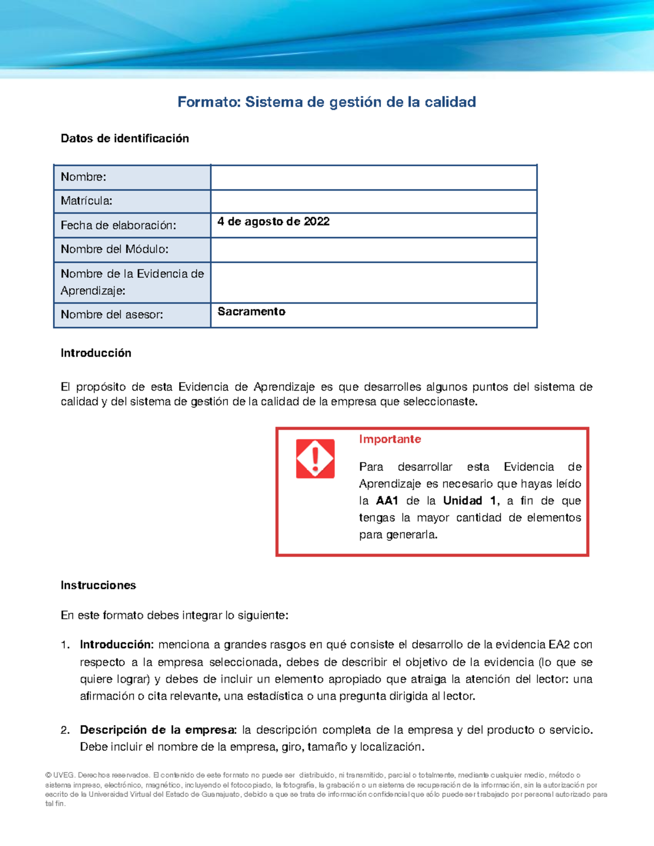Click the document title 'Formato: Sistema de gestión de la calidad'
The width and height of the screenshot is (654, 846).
(x=326, y=102)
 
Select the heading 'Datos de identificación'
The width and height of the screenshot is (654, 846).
(x=125, y=138)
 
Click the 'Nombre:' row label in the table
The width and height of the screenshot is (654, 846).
(x=83, y=177)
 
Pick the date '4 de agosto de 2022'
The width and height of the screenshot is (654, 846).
(x=273, y=221)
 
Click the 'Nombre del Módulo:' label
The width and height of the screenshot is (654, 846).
(x=114, y=249)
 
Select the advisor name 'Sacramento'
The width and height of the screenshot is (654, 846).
(x=251, y=312)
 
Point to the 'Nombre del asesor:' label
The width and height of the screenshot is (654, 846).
(x=112, y=315)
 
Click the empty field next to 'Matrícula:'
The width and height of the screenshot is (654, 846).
(x=373, y=202)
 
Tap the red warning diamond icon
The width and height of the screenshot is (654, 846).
(x=315, y=459)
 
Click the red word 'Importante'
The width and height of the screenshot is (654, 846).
(x=390, y=439)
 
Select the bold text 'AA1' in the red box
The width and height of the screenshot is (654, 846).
(x=387, y=501)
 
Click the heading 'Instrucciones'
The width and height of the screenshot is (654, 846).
(x=98, y=586)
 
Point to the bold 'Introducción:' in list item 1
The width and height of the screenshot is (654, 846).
(x=117, y=645)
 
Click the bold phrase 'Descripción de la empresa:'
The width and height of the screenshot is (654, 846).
(x=158, y=730)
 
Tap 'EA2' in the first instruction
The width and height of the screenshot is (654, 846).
(x=559, y=645)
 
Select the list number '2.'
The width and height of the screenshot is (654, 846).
(x=65, y=730)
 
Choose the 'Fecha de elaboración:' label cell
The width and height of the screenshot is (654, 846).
(x=118, y=226)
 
